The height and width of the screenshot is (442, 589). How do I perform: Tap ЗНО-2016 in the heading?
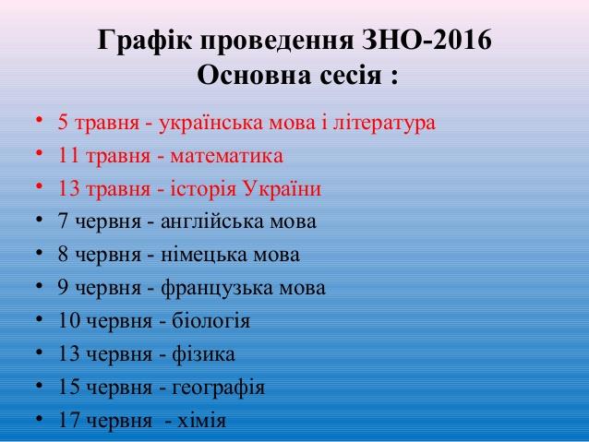coord(426,40)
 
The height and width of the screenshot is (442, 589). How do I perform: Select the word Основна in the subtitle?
coord(255,75)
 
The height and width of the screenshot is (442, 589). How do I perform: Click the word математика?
coord(226,156)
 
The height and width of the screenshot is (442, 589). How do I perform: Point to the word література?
coord(384,123)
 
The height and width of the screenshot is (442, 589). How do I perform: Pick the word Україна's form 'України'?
coord(282,187)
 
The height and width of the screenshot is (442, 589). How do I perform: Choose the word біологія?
coord(210,321)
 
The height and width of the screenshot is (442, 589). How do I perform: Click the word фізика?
coord(204,354)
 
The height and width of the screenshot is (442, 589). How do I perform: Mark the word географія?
coord(218,388)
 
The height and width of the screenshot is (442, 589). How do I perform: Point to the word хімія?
coord(201,421)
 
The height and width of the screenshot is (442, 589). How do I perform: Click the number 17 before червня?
coord(69,420)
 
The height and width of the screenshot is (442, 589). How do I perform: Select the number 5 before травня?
coord(63,123)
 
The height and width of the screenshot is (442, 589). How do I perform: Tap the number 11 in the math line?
coord(69,155)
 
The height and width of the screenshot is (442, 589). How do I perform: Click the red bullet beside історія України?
coord(39,185)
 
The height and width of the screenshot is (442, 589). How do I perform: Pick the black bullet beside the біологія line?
coord(39,318)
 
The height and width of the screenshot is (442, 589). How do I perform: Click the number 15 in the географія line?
coord(69,388)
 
